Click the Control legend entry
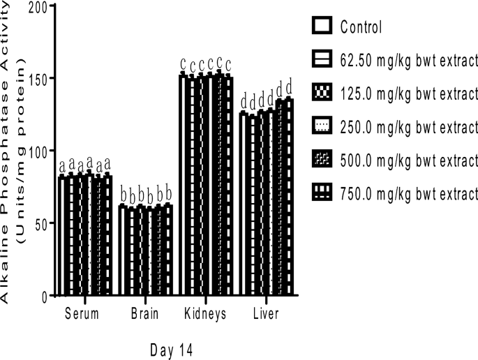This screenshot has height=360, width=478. click(x=361, y=28)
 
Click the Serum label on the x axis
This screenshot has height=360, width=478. click(x=82, y=314)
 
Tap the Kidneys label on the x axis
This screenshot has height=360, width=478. click(x=205, y=314)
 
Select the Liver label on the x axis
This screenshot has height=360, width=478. click(x=266, y=314)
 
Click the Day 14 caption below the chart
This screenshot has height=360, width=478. click(x=172, y=349)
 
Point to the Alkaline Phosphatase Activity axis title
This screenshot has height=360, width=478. click(x=9, y=150)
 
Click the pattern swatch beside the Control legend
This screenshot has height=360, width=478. click(x=322, y=27)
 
